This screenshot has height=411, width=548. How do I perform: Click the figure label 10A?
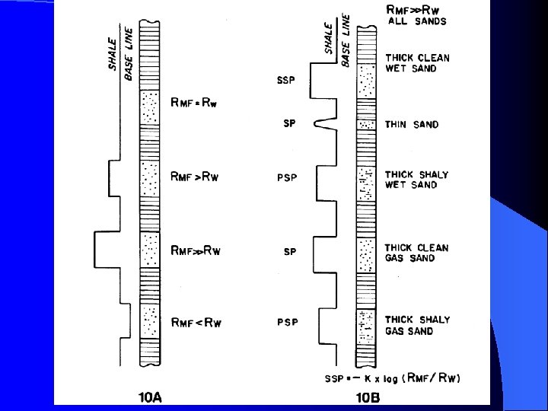(x=151, y=396)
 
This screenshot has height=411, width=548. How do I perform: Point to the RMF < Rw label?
(x=196, y=323)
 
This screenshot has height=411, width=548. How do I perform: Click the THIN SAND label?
(x=412, y=125)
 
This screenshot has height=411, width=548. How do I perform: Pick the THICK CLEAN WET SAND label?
(x=417, y=63)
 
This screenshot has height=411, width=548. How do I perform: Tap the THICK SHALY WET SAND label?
(x=416, y=180)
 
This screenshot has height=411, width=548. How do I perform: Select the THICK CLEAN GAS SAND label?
(x=416, y=253)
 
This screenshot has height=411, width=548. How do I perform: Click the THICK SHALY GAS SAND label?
(x=417, y=325)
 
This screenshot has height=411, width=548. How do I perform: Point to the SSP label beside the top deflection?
(x=287, y=80)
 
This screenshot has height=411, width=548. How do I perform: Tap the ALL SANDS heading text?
(x=417, y=21)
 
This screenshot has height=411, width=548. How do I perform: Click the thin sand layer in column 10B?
(x=367, y=124)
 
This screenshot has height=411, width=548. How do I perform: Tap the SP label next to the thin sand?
(x=289, y=124)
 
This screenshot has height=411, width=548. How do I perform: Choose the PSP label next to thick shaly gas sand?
(x=287, y=323)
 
